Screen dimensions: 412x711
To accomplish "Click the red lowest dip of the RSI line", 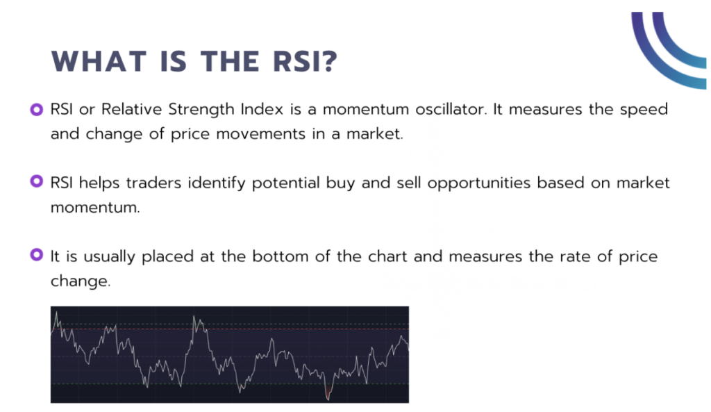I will pos(328,397).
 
